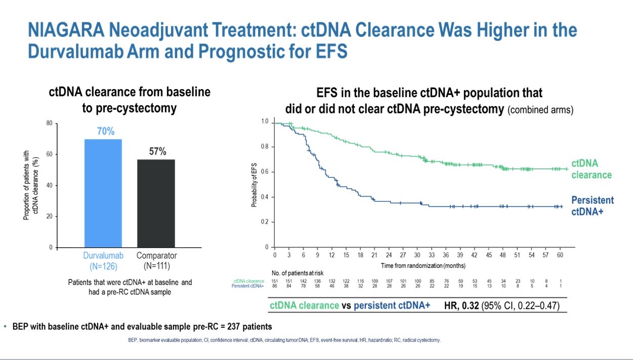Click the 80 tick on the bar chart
(x=49, y=123)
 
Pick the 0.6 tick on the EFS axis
(x=264, y=172)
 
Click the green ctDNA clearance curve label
(x=592, y=169)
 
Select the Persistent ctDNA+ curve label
(x=592, y=206)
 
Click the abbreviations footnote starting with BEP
(x=284, y=340)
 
